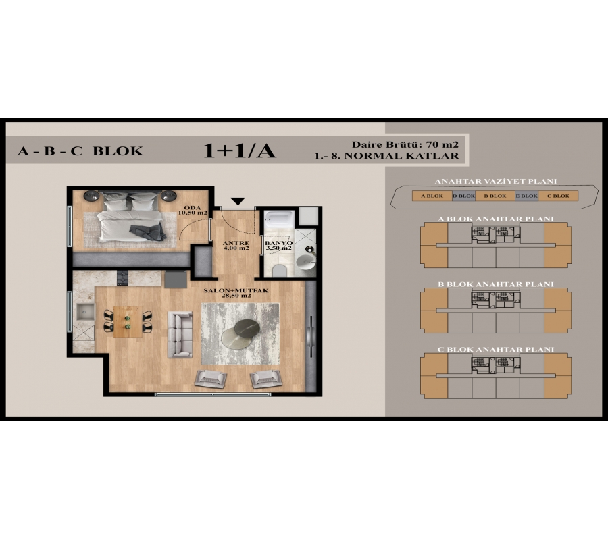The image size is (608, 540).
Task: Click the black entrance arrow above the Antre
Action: pyautogui.click(x=238, y=201)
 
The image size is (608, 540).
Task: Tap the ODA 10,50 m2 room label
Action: pyautogui.click(x=193, y=210)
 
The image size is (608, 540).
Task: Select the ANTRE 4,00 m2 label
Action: pyautogui.click(x=236, y=246)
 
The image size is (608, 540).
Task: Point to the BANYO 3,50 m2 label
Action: pyautogui.click(x=278, y=246)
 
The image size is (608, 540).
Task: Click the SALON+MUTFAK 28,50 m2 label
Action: pyautogui.click(x=236, y=293)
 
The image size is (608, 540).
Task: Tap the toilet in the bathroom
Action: pyautogui.click(x=279, y=271)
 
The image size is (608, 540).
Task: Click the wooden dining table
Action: pyautogui.click(x=128, y=321)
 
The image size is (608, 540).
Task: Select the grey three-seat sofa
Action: pyautogui.click(x=180, y=334)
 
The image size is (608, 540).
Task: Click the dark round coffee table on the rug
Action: pyautogui.click(x=247, y=328)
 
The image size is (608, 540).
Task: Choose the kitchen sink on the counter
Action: pyautogui.click(x=85, y=312)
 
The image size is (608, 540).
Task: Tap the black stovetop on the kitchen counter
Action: pyautogui.click(x=122, y=277)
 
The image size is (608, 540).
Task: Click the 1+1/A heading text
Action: pyautogui.click(x=239, y=151)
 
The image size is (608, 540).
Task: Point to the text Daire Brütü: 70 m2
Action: pyautogui.click(x=405, y=145)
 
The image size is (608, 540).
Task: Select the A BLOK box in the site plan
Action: pyautogui.click(x=432, y=196)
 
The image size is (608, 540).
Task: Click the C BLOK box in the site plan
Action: pyautogui.click(x=558, y=196)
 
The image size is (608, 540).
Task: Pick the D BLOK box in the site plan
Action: pyautogui.click(x=463, y=196)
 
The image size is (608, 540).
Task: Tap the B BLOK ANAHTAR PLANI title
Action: pyautogui.click(x=496, y=284)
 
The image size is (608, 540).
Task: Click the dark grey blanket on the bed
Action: pyautogui.click(x=148, y=232)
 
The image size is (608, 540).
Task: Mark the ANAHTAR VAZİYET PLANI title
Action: pyautogui.click(x=496, y=181)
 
